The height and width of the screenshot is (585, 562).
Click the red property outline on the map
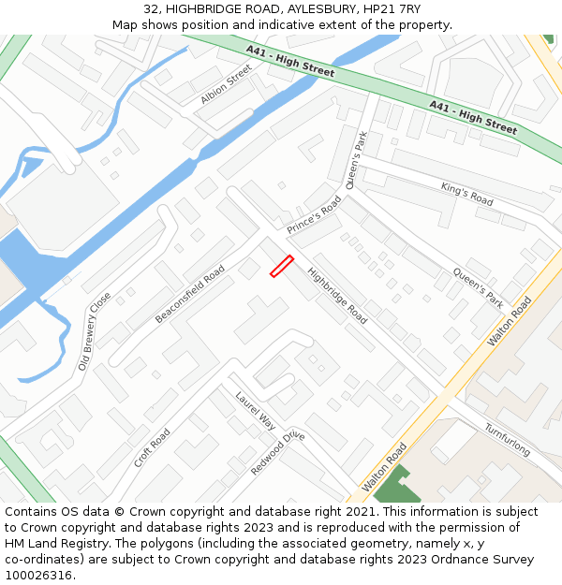[282, 266]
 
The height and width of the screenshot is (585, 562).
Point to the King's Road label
[466, 194]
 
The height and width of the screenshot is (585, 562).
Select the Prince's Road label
[315, 215]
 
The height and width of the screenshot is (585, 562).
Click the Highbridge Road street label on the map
[337, 297]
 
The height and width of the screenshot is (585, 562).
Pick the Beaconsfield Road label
[190, 294]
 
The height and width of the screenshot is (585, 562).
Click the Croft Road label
[152, 448]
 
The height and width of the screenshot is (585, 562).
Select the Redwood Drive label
[277, 453]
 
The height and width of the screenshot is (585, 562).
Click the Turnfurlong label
[507, 440]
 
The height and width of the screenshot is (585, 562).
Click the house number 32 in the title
[152, 9]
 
